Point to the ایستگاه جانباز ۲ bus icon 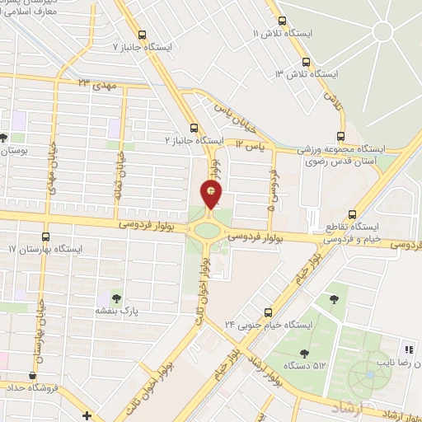(195, 128)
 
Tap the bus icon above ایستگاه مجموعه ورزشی (341, 138)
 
